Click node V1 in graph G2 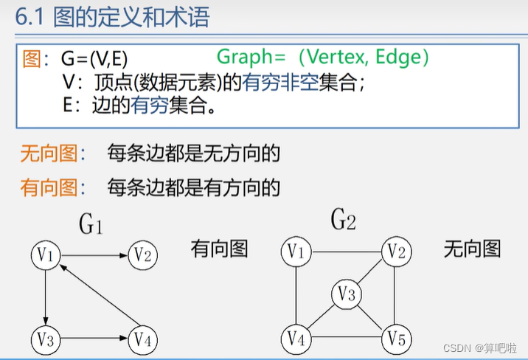[296, 253]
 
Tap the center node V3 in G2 [345, 294]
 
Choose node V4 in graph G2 [296, 339]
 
